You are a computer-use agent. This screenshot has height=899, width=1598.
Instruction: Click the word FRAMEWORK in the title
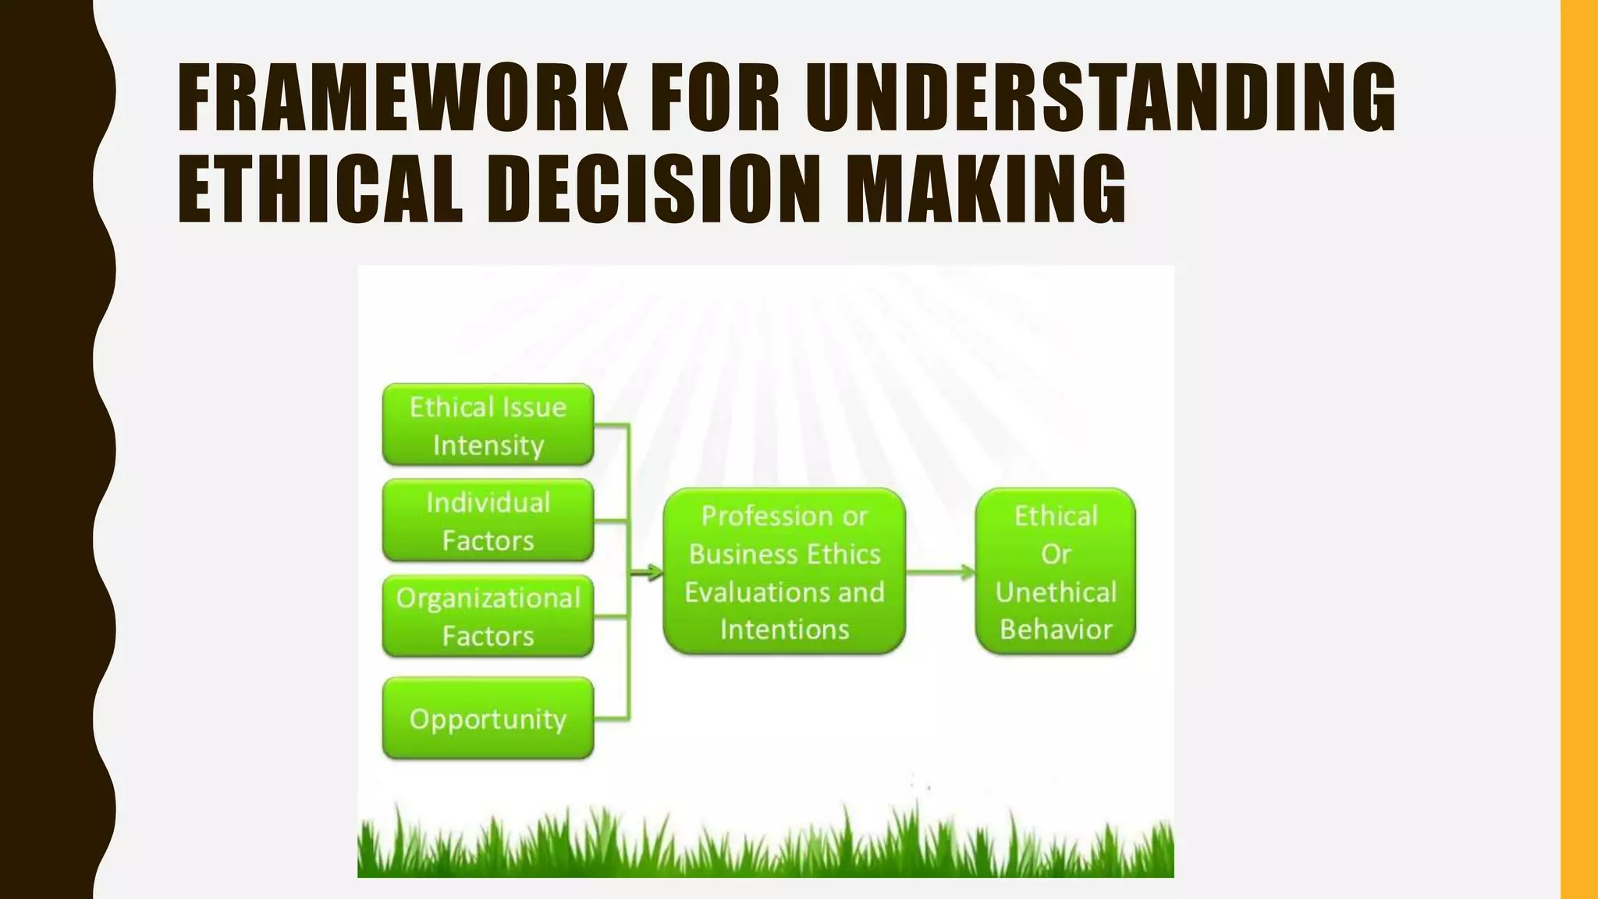click(402, 98)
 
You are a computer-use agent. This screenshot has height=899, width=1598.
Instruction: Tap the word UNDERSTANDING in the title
click(1100, 98)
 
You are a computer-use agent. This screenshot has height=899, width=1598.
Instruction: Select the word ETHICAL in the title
click(320, 189)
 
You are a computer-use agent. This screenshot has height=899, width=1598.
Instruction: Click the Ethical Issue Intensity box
click(488, 425)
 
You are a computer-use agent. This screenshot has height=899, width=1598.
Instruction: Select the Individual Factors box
click(488, 521)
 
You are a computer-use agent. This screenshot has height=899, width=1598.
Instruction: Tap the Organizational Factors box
click(488, 617)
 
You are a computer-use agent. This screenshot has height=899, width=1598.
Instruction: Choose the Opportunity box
click(488, 718)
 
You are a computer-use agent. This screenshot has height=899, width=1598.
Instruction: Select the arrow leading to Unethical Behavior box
click(940, 573)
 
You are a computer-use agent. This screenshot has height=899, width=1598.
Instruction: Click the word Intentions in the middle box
click(784, 629)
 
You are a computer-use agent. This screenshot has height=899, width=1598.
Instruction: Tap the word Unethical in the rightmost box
click(1056, 592)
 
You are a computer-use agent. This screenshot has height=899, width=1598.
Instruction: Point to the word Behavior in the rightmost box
click(1056, 629)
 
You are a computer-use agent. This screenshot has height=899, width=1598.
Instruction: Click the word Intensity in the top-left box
click(488, 446)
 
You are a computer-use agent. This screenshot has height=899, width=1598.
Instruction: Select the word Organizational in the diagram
click(488, 599)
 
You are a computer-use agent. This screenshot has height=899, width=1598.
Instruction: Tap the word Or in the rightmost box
click(1056, 554)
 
